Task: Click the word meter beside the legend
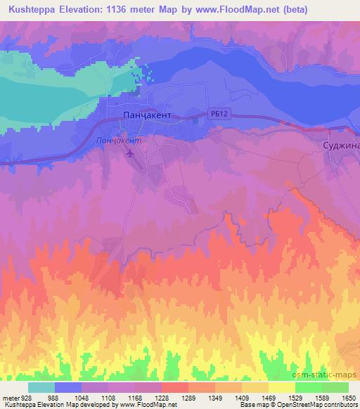click(9, 398)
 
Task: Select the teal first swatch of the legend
click(41, 387)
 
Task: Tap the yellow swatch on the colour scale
click(281, 387)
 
